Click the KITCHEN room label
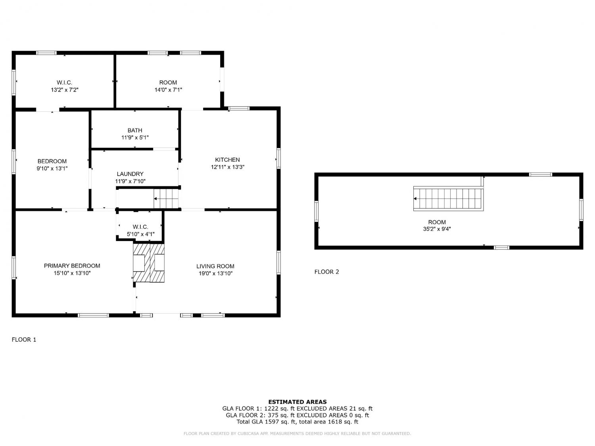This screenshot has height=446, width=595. [227, 160]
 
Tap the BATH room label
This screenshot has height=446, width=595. [135, 130]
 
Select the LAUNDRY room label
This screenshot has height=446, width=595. [130, 174]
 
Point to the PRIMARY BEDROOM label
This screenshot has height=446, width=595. [72, 266]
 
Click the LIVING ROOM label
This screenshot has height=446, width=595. [215, 266]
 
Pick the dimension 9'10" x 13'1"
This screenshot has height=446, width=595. [52, 168]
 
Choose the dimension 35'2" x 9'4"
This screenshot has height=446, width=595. [437, 229]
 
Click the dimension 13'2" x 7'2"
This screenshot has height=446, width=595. [65, 90]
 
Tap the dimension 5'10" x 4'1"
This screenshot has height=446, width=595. [140, 234]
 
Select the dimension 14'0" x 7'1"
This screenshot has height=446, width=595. [168, 90]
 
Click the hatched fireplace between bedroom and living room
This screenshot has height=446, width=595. [149, 263]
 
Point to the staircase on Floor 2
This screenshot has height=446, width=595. [448, 199]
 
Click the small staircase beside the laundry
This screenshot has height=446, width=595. [166, 199]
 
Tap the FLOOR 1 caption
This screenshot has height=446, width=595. [24, 340]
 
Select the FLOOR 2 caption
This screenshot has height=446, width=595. [326, 272]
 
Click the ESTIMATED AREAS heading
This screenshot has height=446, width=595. [297, 402]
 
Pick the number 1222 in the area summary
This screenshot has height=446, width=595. [272, 408]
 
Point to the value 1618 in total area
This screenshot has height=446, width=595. [335, 422]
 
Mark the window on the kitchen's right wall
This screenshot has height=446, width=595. [278, 159]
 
